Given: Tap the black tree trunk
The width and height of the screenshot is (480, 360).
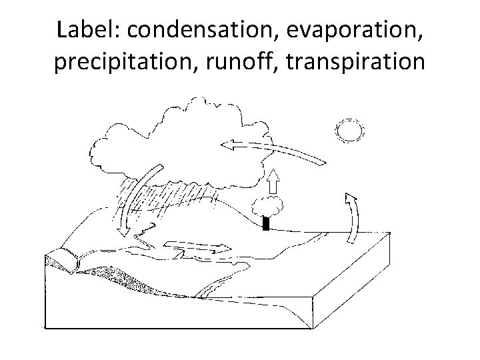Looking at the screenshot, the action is (266, 223).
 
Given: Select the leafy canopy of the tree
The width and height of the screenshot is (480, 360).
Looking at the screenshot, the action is (267, 207).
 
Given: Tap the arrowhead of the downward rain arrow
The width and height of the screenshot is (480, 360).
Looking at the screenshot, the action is (124, 229).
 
